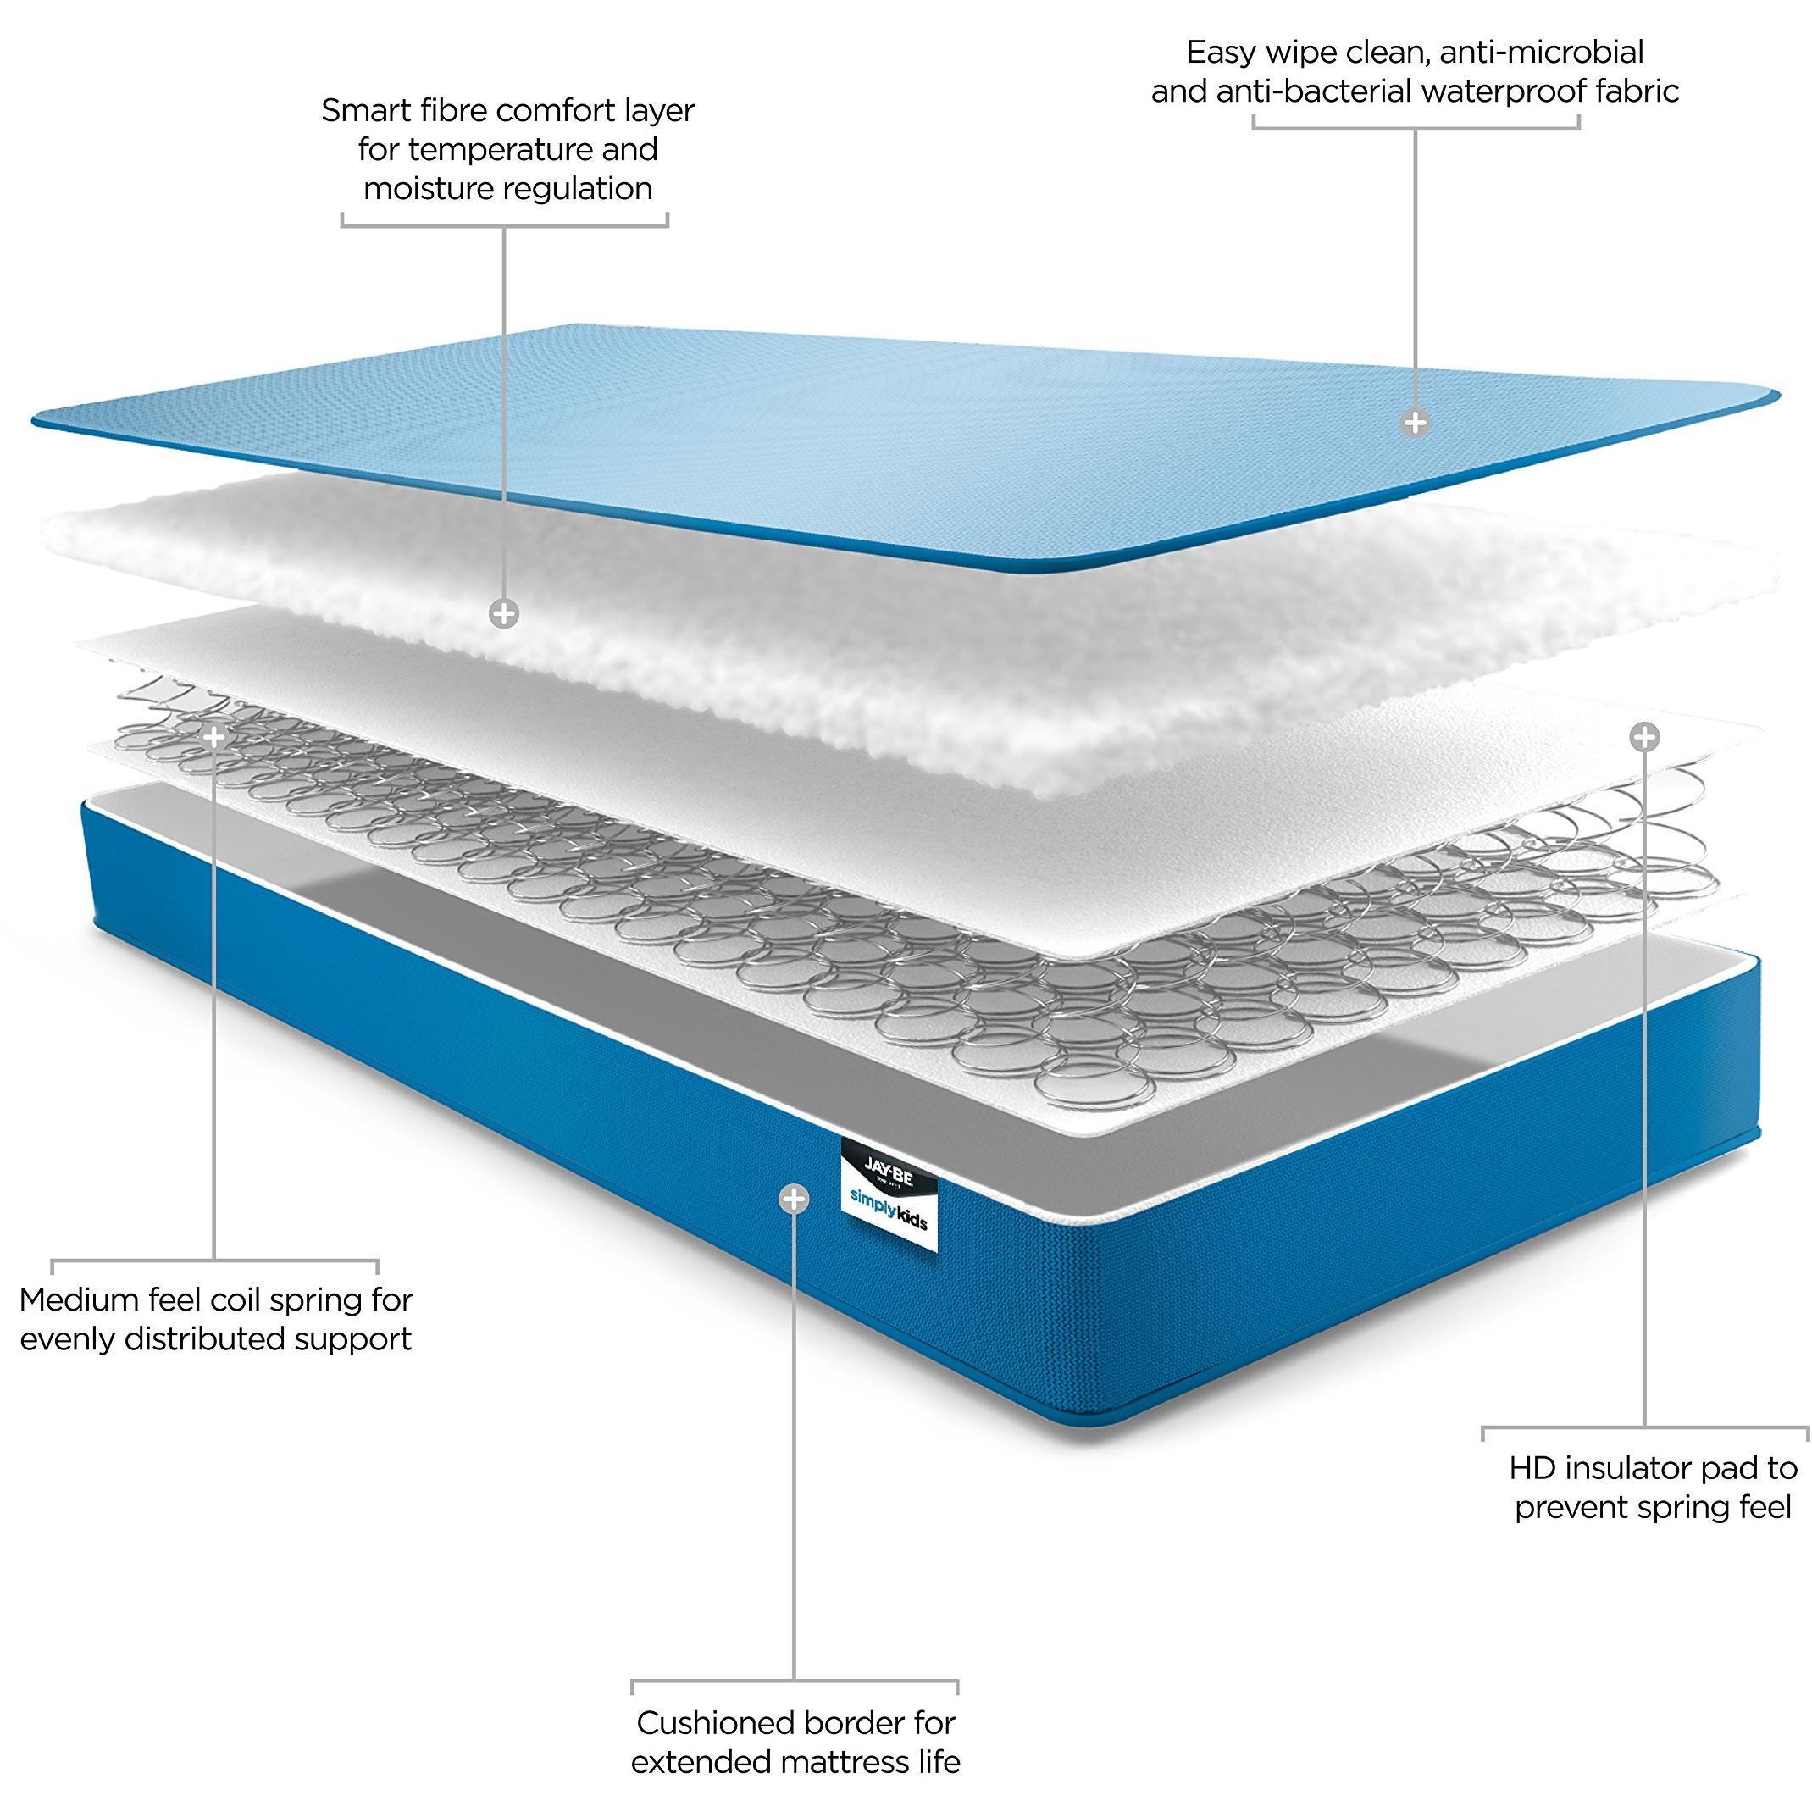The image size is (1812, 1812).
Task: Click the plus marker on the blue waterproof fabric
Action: point(1416,423)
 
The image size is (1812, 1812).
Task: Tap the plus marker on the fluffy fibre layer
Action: point(505,614)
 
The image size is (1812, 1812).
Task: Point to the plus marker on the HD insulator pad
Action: point(1644,737)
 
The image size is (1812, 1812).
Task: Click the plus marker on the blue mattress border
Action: point(795,1198)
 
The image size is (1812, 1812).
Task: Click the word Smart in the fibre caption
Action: point(363,111)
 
